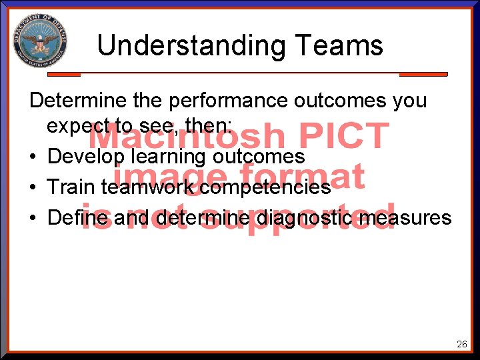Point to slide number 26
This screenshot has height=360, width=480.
[461, 345]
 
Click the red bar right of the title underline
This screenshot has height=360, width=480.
[423, 74]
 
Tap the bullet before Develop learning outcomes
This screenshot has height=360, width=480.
[33, 157]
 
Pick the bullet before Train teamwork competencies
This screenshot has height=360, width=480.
[33, 188]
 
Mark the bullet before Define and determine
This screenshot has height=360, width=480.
[33, 218]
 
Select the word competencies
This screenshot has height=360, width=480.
[265, 187]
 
